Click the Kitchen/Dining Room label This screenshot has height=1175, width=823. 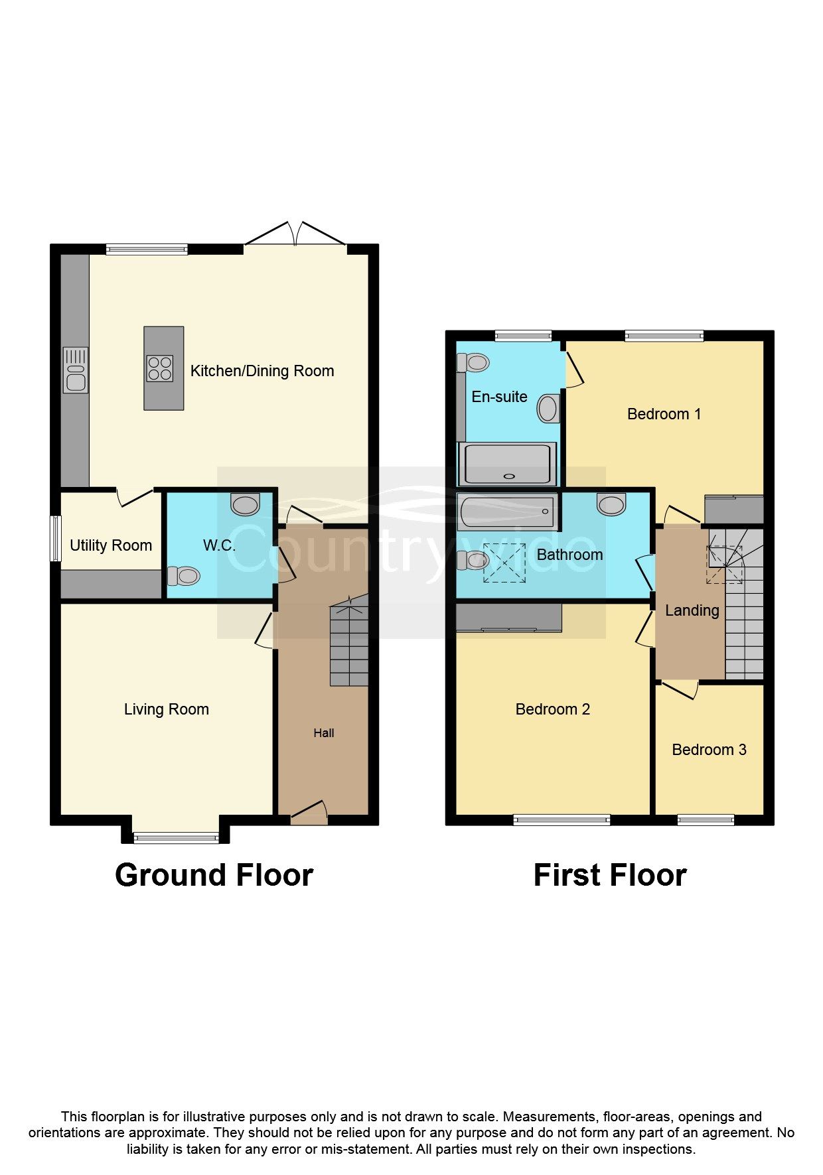[262, 371]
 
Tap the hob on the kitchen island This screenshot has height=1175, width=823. [160, 368]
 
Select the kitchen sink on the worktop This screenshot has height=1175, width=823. [76, 370]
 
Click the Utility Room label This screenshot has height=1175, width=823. [111, 545]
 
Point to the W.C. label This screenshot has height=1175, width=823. [219, 545]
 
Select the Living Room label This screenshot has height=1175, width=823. [166, 709]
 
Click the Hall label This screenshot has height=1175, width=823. [324, 733]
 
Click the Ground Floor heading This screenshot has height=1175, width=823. [214, 875]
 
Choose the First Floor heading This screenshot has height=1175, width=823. [609, 875]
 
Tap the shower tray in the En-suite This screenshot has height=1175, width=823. [507, 464]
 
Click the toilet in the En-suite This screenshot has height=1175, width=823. [474, 362]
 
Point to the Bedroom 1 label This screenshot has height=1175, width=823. [664, 414]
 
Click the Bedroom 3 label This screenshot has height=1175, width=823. [709, 750]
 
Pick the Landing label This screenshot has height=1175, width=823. [692, 610]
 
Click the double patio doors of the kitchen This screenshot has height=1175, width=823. [295, 236]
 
